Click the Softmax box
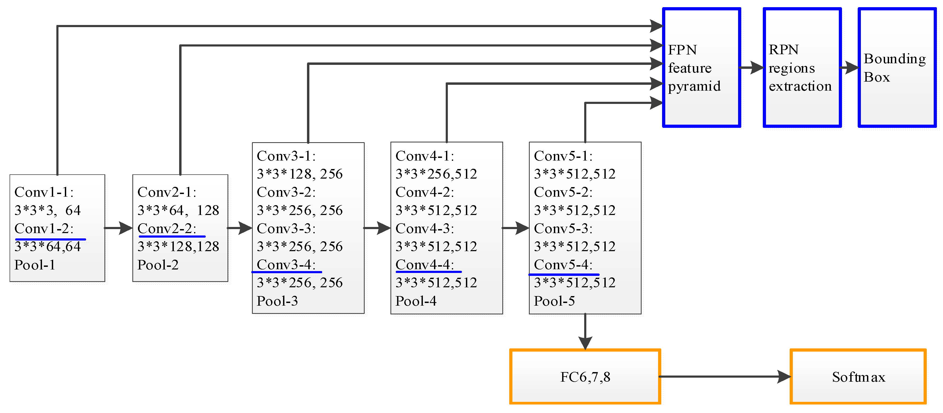(x=858, y=377)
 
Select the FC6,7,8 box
(x=585, y=377)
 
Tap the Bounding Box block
(x=897, y=68)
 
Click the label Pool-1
(x=35, y=265)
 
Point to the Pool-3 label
(x=277, y=301)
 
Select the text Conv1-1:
(x=44, y=192)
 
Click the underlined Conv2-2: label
(x=167, y=229)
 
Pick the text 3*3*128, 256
(x=300, y=174)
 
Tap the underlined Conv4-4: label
(x=425, y=264)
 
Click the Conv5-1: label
(x=563, y=156)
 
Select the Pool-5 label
(x=554, y=301)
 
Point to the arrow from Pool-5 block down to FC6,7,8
(x=585, y=331)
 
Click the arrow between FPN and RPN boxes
(x=752, y=68)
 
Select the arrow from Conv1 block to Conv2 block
(x=118, y=228)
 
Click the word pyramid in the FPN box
(x=694, y=86)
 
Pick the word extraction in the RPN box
(x=800, y=86)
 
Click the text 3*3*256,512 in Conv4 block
(x=436, y=174)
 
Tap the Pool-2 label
(x=158, y=265)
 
